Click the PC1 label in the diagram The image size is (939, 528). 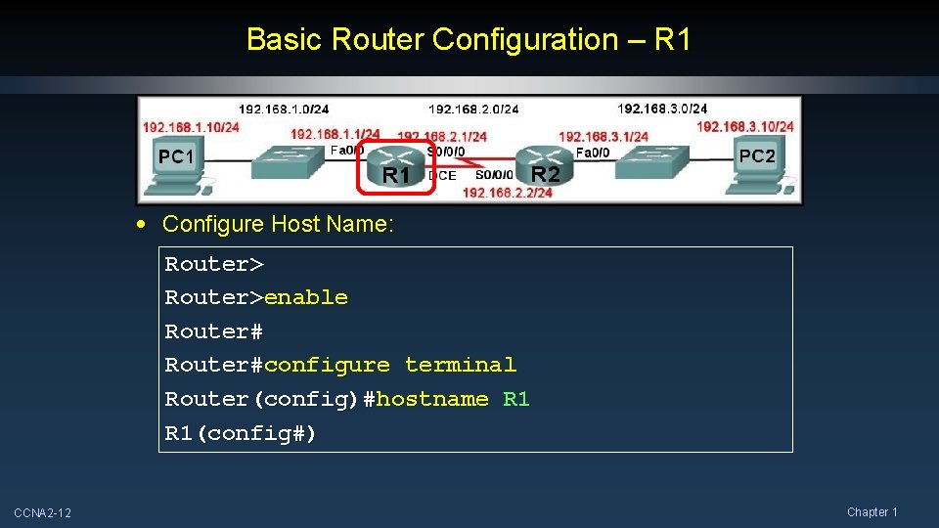(177, 156)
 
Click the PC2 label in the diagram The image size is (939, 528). (756, 155)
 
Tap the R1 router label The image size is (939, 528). (395, 176)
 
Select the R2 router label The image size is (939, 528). (545, 175)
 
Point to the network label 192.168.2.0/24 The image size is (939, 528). (473, 109)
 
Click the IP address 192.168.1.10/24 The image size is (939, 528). (191, 127)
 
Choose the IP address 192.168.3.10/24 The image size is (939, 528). (744, 126)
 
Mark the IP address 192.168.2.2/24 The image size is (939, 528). (507, 193)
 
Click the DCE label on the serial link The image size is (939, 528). (442, 176)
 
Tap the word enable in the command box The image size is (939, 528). (306, 297)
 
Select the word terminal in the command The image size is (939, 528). (460, 365)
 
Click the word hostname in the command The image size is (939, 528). (431, 399)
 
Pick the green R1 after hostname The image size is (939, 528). (515, 399)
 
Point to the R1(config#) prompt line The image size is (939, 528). (241, 433)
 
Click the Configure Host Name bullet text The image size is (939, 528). (278, 224)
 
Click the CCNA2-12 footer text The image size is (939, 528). (42, 513)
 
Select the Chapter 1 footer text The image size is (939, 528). (872, 512)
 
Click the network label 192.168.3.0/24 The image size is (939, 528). (662, 109)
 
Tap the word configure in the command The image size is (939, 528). (327, 365)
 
